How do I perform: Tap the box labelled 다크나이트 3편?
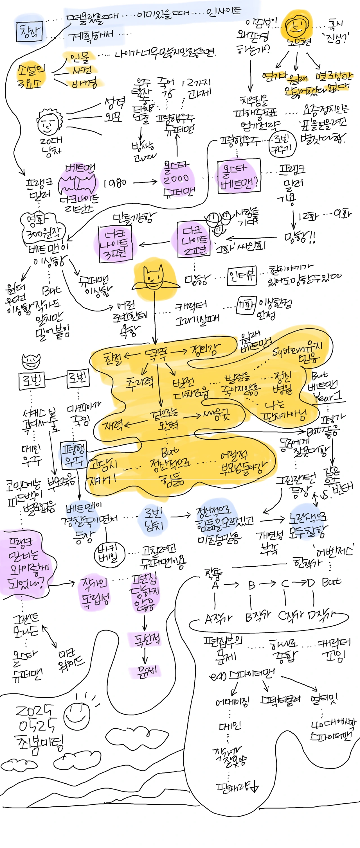(115, 244)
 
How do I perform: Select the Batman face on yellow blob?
(154, 278)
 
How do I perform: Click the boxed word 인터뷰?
(242, 276)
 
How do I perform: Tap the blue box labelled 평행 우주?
(74, 454)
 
